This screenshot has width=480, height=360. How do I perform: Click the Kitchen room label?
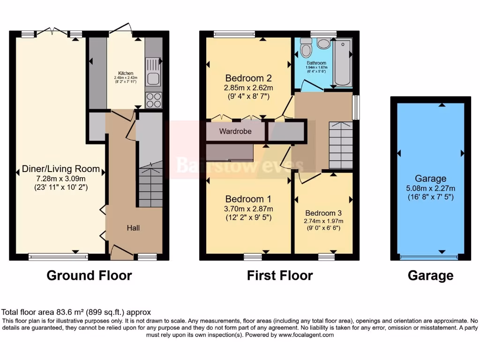[126, 74]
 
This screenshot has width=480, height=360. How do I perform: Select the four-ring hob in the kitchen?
[153, 100]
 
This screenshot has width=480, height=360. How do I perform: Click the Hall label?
[133, 228]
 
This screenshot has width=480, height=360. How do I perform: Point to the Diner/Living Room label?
[61, 169]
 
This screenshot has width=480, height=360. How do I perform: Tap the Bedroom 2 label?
[249, 78]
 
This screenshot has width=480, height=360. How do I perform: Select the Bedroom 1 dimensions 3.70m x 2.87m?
[249, 209]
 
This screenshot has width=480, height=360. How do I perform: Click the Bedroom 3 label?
[324, 213]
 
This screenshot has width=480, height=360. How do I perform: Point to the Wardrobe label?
[235, 131]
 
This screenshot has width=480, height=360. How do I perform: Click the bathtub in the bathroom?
[342, 63]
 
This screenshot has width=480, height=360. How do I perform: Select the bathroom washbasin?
[323, 44]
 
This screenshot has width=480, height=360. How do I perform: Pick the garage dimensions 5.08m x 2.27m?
[430, 188]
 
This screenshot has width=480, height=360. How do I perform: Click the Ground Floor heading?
[89, 275]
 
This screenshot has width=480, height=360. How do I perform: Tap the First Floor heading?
[280, 275]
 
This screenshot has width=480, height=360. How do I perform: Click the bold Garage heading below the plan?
[430, 275]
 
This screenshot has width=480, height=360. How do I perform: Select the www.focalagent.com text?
[307, 335]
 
